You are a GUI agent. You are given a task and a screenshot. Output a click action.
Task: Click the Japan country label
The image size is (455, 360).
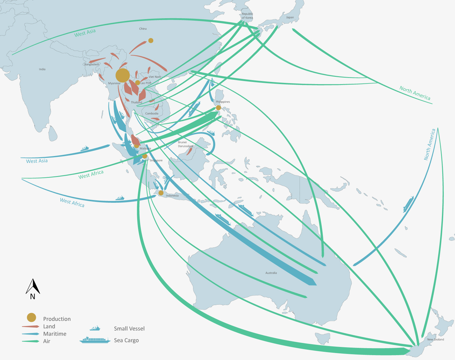[290, 17]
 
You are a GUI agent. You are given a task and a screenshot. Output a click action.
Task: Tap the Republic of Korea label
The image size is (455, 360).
[247, 16]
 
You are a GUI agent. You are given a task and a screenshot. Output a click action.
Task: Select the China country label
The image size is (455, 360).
[143, 29]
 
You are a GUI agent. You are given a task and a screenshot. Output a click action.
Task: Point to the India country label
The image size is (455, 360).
[42, 69]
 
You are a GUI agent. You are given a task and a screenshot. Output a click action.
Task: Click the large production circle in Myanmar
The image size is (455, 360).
[123, 75]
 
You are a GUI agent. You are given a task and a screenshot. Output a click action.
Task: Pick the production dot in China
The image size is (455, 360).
[151, 40]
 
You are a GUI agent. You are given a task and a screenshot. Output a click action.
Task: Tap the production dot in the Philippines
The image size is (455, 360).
[218, 108]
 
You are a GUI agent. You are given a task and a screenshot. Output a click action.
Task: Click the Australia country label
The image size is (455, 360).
[271, 273]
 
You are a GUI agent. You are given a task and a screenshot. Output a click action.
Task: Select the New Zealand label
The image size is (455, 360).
[435, 339]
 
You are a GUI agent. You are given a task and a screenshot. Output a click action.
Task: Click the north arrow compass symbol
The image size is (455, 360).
[33, 289]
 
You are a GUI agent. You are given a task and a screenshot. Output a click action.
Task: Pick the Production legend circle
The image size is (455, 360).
[32, 318]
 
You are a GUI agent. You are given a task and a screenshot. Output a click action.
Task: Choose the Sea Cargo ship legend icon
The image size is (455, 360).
[95, 340]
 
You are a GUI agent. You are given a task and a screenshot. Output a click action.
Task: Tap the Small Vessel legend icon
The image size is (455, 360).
[95, 328]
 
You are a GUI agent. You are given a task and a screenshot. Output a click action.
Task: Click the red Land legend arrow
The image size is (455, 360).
[31, 326]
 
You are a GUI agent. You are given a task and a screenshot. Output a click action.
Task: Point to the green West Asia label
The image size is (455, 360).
[85, 33]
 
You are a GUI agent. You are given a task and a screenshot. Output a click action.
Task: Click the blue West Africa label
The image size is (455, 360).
[72, 202]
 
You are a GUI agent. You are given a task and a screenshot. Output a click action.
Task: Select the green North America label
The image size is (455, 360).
[415, 93]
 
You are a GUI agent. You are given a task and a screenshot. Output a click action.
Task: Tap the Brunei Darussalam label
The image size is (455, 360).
[185, 144]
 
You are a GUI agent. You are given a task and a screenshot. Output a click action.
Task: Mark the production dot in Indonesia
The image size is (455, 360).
[161, 193]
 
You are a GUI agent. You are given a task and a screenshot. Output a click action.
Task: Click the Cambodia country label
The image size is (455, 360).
[152, 114]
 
